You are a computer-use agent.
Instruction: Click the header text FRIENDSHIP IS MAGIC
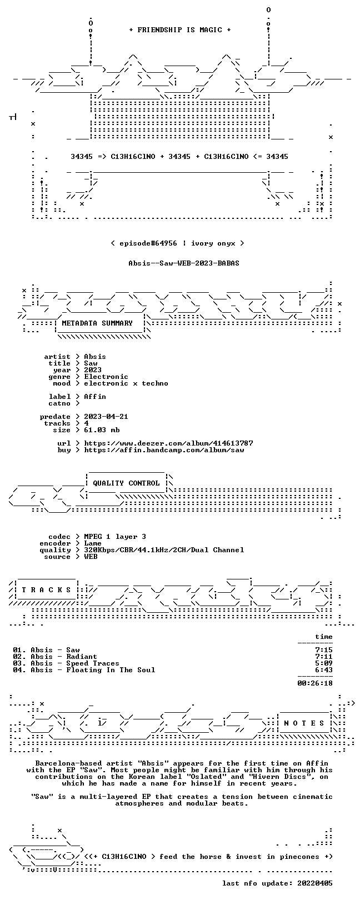pos(179,30)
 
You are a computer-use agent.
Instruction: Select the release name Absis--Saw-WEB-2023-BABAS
pos(184,263)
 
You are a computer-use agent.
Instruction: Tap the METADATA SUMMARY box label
pos(97,323)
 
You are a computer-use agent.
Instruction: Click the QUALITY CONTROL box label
pos(126,483)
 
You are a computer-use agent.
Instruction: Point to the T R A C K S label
pos(46,590)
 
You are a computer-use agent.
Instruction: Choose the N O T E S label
pos(304,723)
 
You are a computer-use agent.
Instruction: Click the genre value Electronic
pos(106,377)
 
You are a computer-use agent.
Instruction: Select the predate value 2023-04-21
pos(106,417)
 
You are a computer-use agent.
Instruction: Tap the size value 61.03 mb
pos(102,430)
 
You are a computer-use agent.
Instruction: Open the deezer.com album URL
pos(168,443)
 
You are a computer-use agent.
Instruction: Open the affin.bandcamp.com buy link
pos(164,450)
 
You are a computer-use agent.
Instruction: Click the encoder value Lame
pos(93,543)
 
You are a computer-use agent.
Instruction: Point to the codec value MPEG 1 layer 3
pos(115,536)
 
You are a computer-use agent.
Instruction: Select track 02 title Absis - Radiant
pos(64,657)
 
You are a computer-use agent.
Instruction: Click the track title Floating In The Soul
pos(111,670)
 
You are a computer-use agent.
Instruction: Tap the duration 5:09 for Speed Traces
pos(324,663)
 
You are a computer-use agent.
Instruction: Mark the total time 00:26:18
pos(315,683)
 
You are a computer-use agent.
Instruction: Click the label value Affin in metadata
pos(95,397)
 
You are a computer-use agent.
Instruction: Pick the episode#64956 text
pos(148,243)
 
